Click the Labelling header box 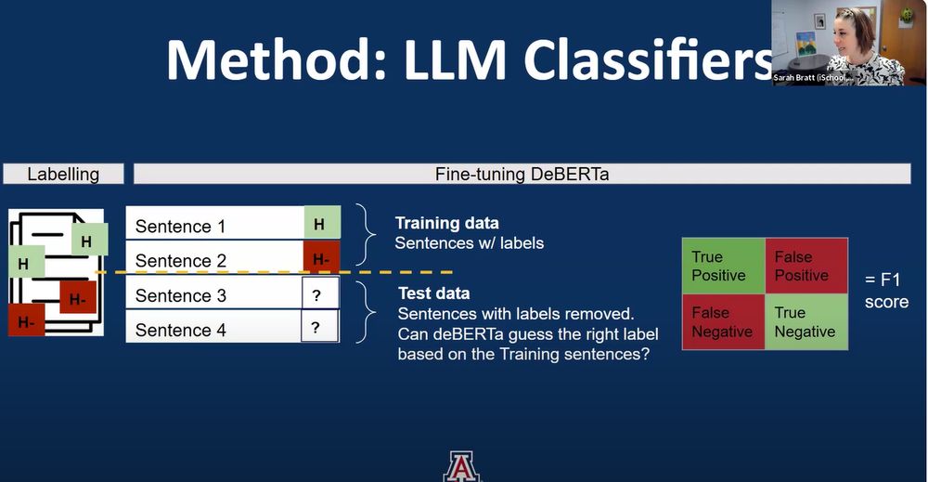(63, 174)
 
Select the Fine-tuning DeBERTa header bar (522, 174)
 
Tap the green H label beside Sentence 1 (322, 223)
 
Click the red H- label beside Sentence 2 (322, 257)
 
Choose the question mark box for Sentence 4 (319, 326)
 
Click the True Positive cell (723, 266)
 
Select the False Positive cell (806, 266)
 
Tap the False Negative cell (723, 321)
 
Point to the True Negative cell (806, 321)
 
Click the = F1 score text (886, 290)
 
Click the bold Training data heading (447, 223)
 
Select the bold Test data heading (433, 293)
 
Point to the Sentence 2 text (181, 261)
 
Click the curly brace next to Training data (366, 235)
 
